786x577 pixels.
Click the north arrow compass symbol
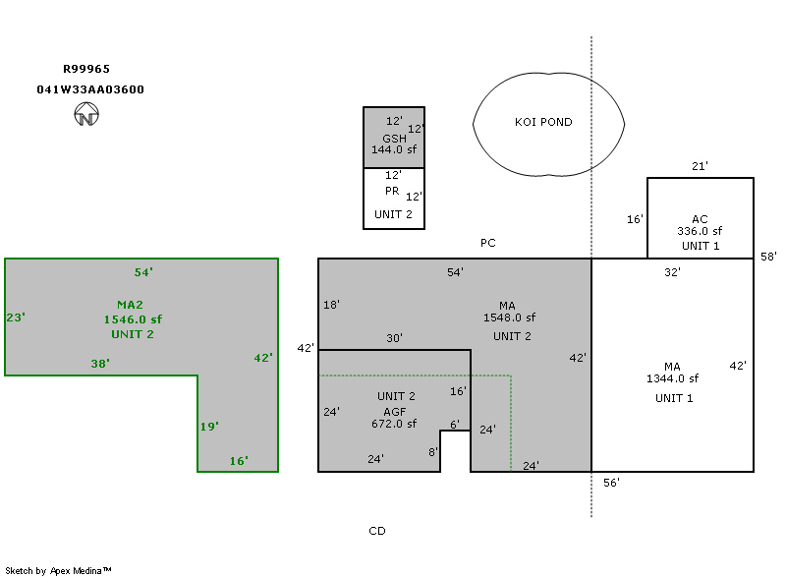click(86, 116)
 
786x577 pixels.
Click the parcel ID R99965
click(86, 70)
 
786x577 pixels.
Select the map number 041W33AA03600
click(90, 89)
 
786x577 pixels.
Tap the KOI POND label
click(543, 123)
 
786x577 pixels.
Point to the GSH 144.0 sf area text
click(394, 144)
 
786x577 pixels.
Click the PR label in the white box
click(392, 192)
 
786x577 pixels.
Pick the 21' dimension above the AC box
click(700, 167)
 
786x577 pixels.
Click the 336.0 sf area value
click(700, 232)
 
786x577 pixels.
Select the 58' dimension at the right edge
click(768, 257)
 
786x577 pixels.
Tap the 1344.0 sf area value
click(672, 378)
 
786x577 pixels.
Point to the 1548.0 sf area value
click(509, 318)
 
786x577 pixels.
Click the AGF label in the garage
click(394, 411)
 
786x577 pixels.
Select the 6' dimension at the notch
click(455, 425)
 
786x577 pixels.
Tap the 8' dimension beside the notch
click(432, 452)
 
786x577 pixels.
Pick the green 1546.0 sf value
click(133, 319)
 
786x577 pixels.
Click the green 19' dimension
click(209, 427)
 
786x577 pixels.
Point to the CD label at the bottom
click(377, 531)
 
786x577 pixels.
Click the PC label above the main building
click(488, 243)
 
